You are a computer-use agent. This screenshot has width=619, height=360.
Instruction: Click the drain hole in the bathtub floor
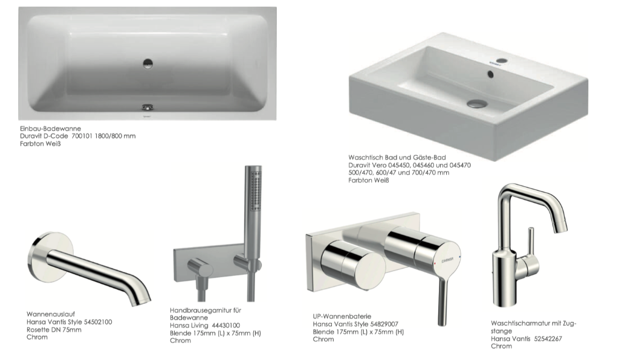(x=147, y=63)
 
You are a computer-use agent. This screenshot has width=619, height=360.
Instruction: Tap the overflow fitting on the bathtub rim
(x=147, y=108)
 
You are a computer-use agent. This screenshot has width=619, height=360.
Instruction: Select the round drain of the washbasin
(x=477, y=104)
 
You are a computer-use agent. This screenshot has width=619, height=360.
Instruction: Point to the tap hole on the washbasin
(x=502, y=61)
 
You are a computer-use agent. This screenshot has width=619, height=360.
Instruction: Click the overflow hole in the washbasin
(x=490, y=74)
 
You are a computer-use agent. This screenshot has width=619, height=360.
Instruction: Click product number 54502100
(x=98, y=322)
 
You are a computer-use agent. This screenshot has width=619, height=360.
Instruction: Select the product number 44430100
(x=225, y=326)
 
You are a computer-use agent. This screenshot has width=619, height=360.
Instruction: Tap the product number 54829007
(x=384, y=324)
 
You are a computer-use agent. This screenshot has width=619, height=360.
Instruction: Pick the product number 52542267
(x=548, y=339)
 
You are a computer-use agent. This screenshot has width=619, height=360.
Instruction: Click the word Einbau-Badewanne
(x=51, y=129)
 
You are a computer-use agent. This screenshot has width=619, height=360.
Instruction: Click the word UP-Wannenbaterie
(x=342, y=317)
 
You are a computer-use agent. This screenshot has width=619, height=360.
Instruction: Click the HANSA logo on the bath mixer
(x=447, y=259)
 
